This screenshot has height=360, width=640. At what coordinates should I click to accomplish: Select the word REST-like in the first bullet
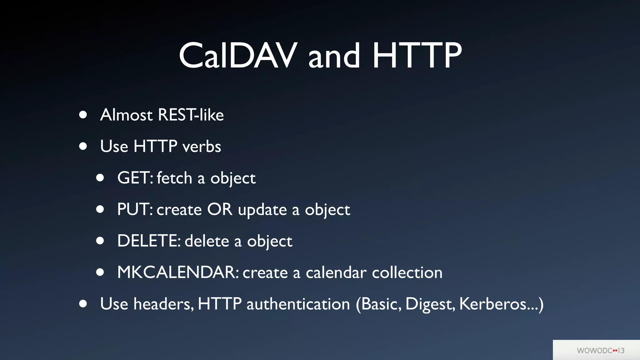click(191, 115)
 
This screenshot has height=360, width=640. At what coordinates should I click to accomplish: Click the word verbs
click(202, 146)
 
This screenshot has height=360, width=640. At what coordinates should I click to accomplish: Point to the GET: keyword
click(135, 178)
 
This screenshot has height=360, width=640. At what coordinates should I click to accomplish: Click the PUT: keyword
click(135, 209)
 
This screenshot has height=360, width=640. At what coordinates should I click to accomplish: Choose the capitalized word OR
click(220, 209)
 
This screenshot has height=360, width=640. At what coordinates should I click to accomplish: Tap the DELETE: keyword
click(149, 241)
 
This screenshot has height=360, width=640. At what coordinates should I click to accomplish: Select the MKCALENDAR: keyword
click(178, 272)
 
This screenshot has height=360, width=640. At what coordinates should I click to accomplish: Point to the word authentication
click(298, 304)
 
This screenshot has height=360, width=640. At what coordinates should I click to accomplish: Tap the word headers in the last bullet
click(163, 304)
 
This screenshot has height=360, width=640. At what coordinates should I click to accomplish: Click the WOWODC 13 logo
click(600, 350)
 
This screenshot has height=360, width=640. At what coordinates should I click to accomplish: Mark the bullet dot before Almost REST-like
click(83, 115)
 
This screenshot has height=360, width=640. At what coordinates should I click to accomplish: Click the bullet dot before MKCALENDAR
click(100, 272)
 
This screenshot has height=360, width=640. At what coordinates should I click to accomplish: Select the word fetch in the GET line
click(174, 178)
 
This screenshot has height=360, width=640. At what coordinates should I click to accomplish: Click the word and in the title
click(334, 56)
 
